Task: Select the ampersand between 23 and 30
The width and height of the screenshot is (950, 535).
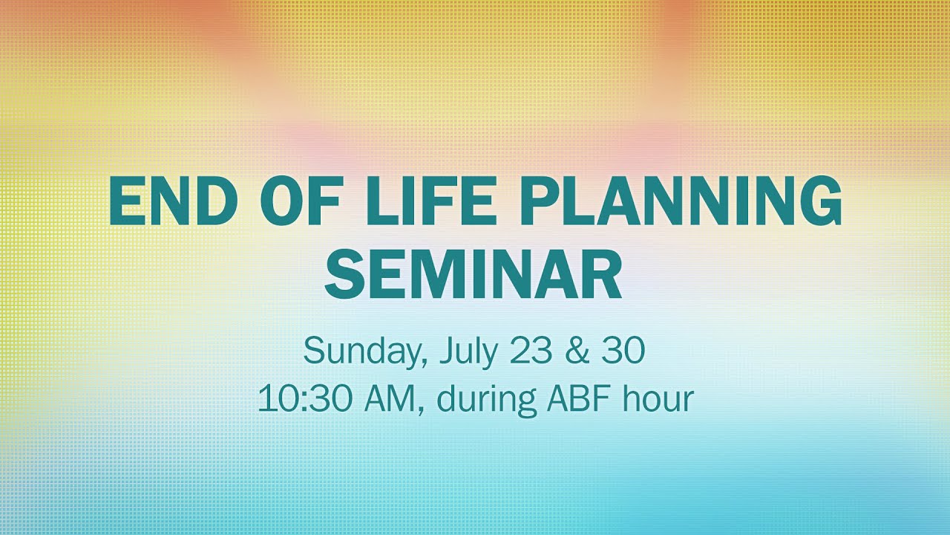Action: coord(577,351)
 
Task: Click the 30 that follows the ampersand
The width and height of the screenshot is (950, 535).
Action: coord(622,351)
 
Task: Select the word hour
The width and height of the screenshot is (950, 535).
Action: coord(658,398)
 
